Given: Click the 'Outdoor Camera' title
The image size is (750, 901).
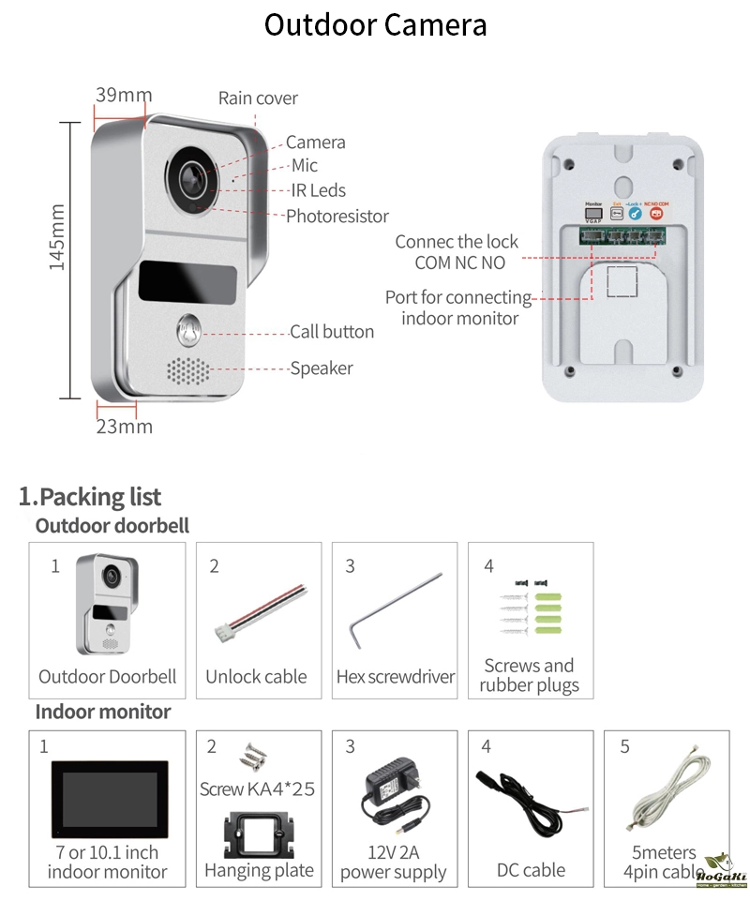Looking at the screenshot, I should [375, 24].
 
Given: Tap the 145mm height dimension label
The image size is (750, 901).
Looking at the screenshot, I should [56, 238].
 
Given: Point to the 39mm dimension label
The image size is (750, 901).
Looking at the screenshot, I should [123, 95].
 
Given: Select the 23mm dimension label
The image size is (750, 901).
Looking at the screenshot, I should [124, 427].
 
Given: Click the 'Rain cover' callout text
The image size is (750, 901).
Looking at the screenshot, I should [258, 98].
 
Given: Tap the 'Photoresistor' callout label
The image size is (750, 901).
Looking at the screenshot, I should [337, 217].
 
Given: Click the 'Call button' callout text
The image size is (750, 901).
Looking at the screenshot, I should [331, 332].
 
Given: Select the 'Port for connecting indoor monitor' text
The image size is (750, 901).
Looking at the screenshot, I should [458, 308].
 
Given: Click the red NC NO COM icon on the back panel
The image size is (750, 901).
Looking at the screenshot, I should [656, 213].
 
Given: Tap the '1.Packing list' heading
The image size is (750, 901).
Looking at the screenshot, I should [90, 497].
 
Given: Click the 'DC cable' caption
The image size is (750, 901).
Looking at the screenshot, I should [531, 871].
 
